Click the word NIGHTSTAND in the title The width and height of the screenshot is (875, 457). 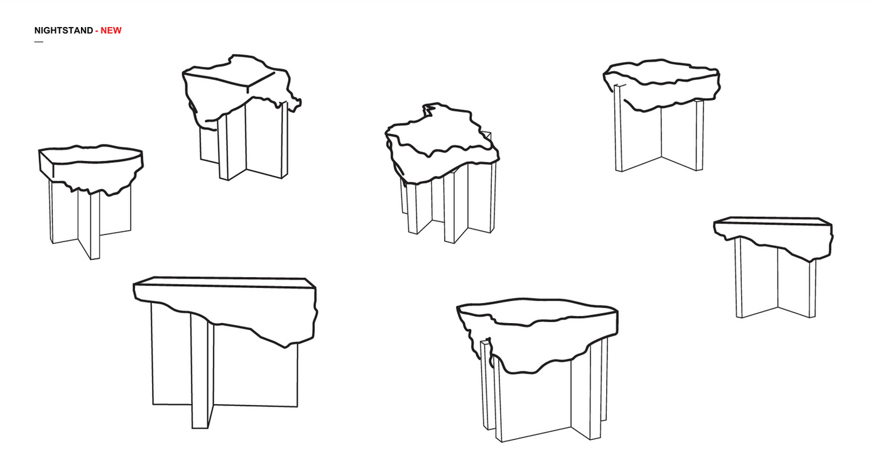click(x=63, y=31)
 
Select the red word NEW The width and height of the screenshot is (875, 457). click(x=111, y=31)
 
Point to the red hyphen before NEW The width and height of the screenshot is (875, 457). click(x=97, y=31)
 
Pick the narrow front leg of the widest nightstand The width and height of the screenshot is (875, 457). click(x=200, y=372)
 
